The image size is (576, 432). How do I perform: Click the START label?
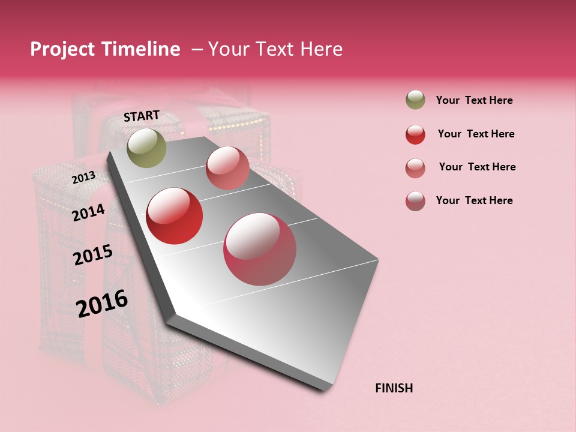142,116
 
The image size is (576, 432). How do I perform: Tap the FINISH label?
394,388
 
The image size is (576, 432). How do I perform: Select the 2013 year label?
83,178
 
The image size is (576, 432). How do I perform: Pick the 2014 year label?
88,212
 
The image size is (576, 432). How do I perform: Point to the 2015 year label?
93,255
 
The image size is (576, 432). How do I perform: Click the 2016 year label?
102,304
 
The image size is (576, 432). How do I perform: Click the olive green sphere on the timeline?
146,148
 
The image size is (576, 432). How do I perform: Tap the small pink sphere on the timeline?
227,168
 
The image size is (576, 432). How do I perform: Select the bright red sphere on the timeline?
175,216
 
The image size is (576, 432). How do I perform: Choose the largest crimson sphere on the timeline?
260,249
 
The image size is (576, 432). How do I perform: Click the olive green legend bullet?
415,100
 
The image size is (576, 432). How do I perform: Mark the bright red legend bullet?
415,134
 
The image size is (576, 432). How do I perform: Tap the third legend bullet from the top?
415,168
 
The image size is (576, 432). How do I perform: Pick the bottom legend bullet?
415,201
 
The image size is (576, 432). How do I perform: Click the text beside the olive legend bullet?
474,100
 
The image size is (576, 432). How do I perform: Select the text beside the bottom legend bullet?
474,200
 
